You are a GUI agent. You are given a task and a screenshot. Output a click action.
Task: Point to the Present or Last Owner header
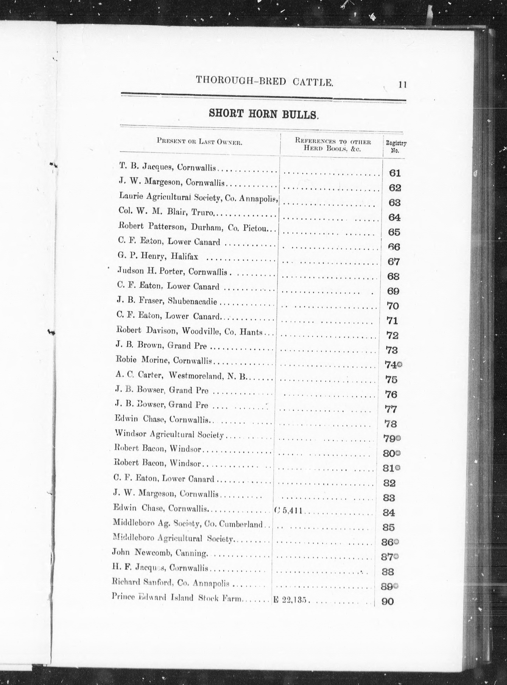pyautogui.click(x=200, y=141)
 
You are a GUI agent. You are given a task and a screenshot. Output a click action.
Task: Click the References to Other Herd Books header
pyautogui.click(x=333, y=145)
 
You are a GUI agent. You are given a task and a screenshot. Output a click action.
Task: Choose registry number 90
pyautogui.click(x=387, y=602)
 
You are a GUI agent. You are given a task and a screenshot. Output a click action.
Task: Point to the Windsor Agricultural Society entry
pyautogui.click(x=169, y=434)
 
